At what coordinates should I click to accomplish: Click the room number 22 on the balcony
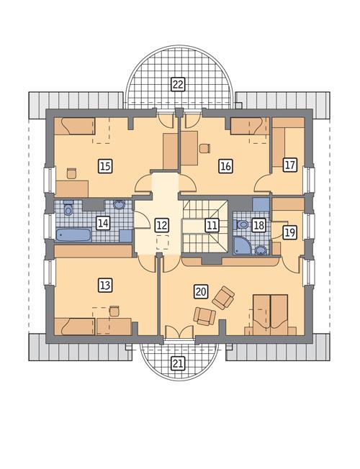[x=177, y=84]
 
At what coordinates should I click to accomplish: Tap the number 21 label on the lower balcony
[x=177, y=363]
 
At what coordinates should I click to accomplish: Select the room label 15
[x=105, y=166]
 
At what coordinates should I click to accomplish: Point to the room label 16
[x=225, y=166]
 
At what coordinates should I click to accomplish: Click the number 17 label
[x=289, y=165]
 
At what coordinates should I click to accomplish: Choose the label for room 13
[x=105, y=285]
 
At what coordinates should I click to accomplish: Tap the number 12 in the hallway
[x=161, y=224]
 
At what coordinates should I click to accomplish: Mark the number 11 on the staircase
[x=211, y=224]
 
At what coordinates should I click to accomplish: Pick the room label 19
[x=289, y=232]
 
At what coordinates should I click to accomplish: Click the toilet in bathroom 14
[x=68, y=209]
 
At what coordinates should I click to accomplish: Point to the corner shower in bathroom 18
[x=241, y=247]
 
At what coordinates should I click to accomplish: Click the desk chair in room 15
[x=71, y=173]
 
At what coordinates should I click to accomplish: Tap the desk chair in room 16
[x=204, y=148]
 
